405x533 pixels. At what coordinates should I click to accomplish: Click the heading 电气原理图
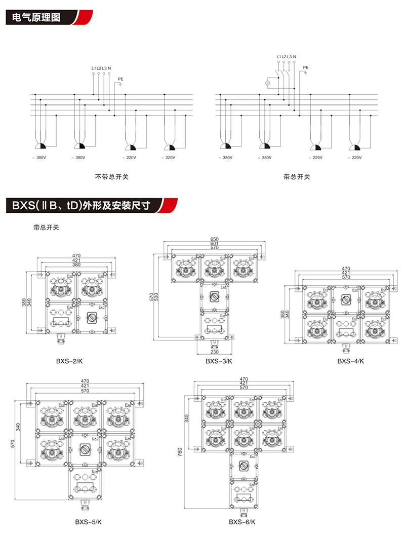(35, 17)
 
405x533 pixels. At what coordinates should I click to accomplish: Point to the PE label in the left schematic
(120, 79)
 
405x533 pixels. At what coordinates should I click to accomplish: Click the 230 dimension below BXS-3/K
(215, 352)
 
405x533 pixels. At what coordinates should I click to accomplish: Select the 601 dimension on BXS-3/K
(215, 244)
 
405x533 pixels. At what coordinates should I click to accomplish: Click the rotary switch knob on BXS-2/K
(92, 318)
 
